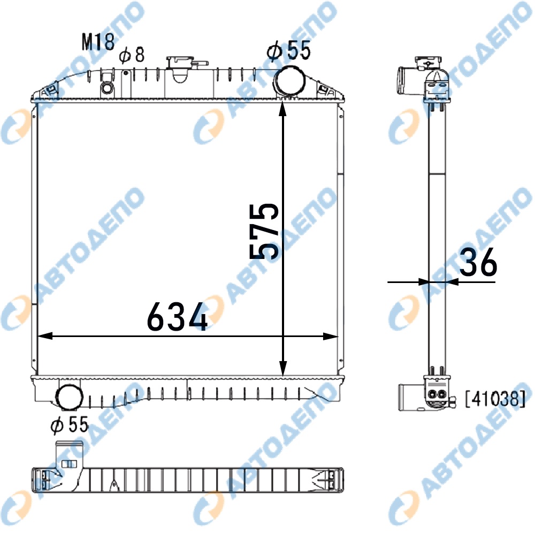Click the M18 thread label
tap(98, 42)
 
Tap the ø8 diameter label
tap(132, 55)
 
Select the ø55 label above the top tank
tap(289, 50)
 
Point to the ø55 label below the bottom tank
tap(69, 425)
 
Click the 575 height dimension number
tap(264, 231)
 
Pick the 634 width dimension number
tap(177, 317)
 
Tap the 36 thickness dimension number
tap(478, 262)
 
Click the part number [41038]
tap(495, 399)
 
